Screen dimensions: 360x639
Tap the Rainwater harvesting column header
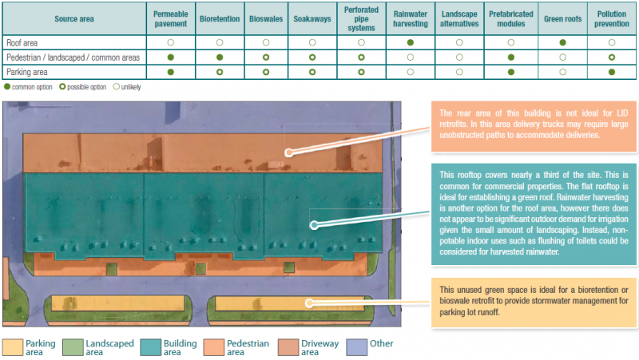[411, 18]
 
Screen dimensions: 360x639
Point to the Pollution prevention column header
[612, 18]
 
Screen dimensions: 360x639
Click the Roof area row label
[22, 42]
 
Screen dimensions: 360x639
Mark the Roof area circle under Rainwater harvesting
[411, 42]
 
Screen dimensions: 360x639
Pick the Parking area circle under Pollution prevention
[612, 72]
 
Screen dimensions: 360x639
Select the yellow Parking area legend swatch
[12, 346]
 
